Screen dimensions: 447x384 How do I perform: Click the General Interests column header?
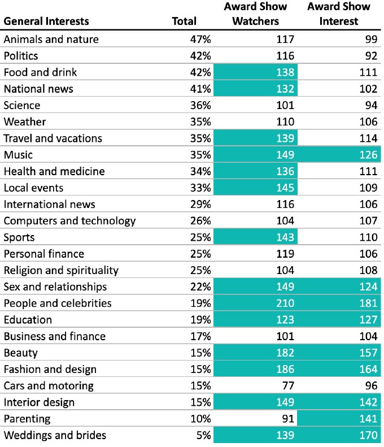(46, 21)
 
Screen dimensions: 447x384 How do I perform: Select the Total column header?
(184, 21)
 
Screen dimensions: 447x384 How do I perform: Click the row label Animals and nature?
(51, 39)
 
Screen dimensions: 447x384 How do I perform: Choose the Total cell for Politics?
(200, 55)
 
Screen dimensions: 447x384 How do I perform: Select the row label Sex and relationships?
(55, 287)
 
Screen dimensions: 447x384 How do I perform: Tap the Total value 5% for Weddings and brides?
(203, 435)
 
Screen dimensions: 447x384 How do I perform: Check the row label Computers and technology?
(69, 220)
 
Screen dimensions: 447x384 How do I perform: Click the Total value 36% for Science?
(200, 105)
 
